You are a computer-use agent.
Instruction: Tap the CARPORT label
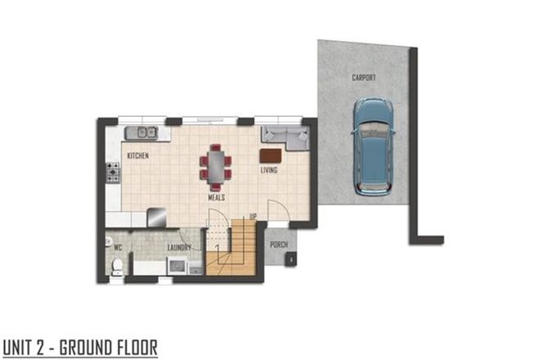[363, 77]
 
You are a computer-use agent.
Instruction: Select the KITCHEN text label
[137, 155]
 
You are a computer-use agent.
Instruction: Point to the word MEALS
[216, 197]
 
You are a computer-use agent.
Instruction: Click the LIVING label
[268, 170]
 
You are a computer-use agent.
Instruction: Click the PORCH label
[278, 244]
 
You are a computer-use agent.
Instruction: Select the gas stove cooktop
[112, 172]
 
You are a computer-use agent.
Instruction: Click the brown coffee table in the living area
[270, 155]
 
